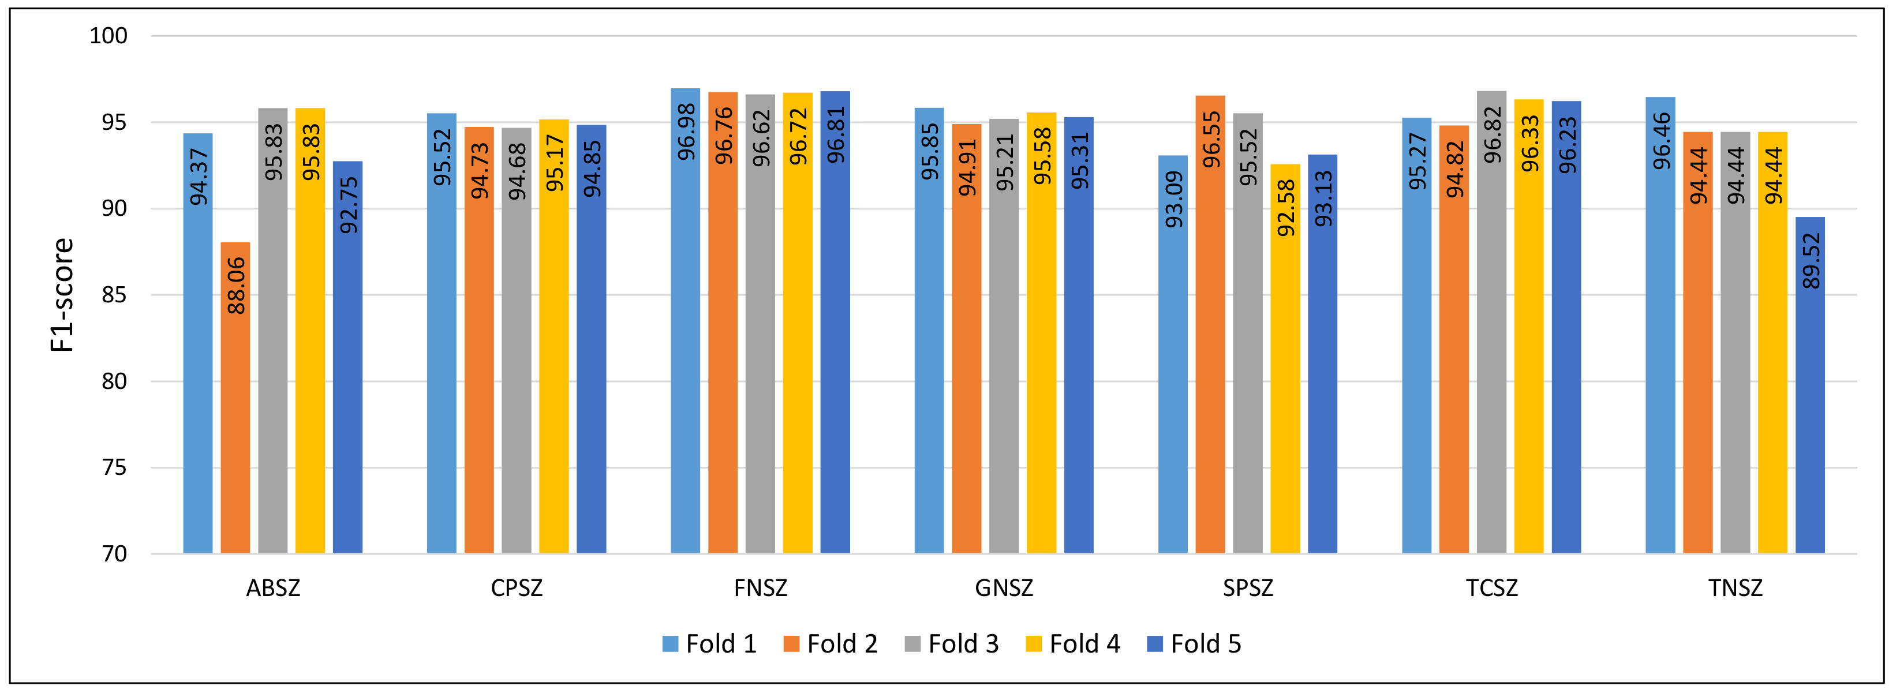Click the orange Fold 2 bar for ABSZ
point(235,398)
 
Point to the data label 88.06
point(236,286)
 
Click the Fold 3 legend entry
point(952,644)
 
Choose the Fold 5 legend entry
point(1194,644)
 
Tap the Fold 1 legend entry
point(709,644)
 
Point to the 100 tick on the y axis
point(109,35)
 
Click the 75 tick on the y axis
point(114,467)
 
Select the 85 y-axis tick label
point(114,295)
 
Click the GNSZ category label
point(1004,589)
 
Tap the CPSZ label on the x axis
point(517,589)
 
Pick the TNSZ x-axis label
point(1735,589)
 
